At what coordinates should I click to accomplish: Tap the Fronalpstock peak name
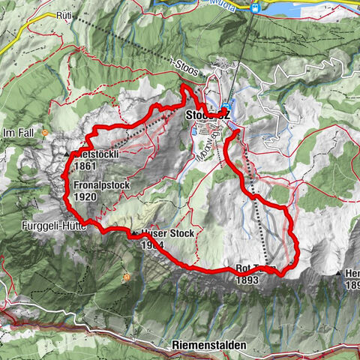[x=103, y=184]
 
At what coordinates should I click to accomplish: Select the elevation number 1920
[x=85, y=196]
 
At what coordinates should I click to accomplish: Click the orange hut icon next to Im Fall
[x=46, y=133]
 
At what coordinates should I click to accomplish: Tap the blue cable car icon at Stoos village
[x=225, y=106]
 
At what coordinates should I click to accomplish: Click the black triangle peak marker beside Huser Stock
[x=134, y=233]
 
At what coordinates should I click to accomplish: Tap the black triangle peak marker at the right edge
[x=339, y=273]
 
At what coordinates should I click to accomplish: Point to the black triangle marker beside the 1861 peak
[x=67, y=154]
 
